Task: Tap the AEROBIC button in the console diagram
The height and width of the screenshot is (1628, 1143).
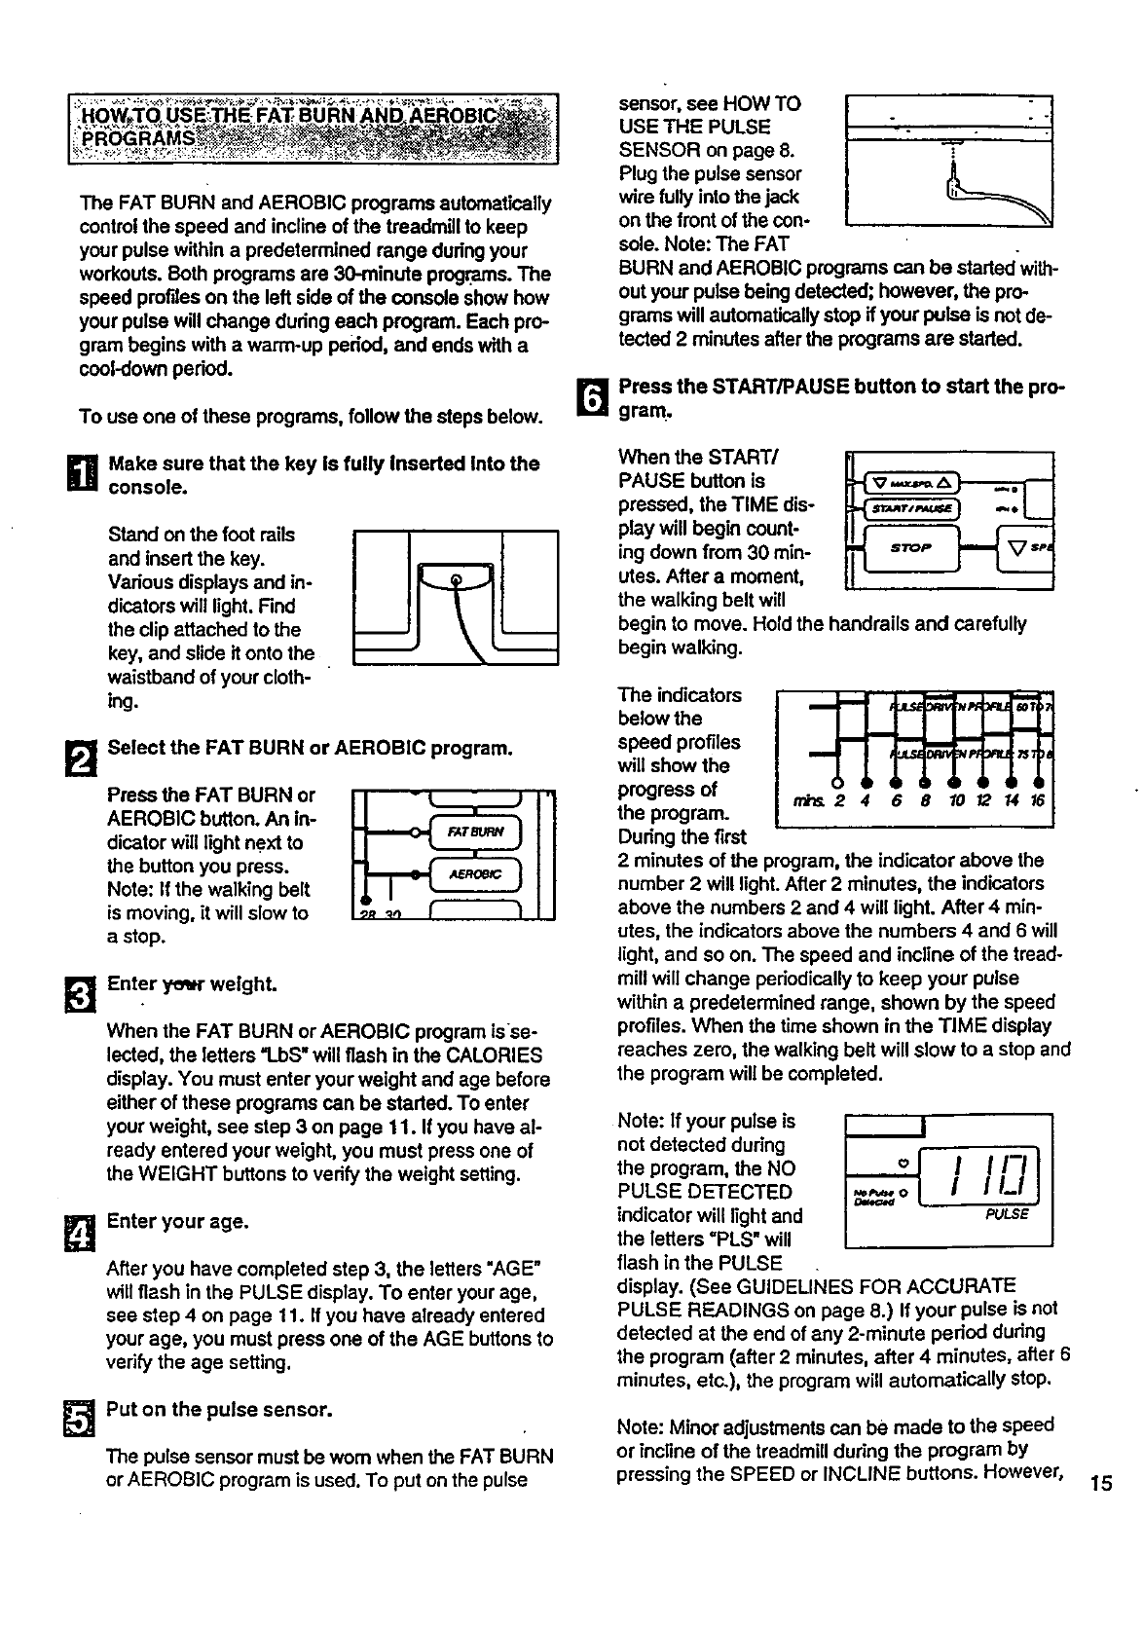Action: tap(477, 873)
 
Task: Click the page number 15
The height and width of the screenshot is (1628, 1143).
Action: tap(1101, 1484)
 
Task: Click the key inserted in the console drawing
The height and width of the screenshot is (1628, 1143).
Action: tap(454, 581)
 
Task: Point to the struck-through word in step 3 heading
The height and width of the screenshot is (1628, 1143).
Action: tap(179, 984)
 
